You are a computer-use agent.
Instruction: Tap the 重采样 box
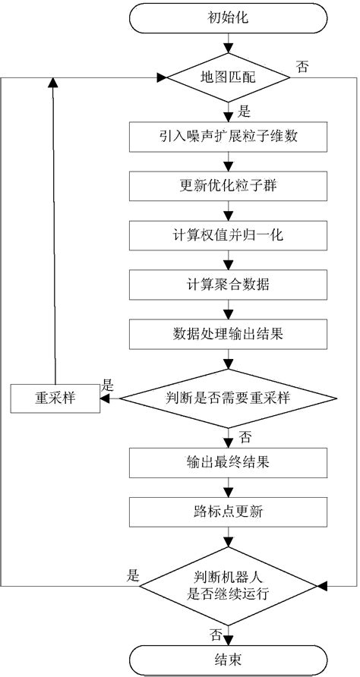pyautogui.click(x=55, y=398)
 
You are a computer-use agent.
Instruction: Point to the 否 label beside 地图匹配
pyautogui.click(x=302, y=67)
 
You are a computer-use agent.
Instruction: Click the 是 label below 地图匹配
pyautogui.click(x=245, y=111)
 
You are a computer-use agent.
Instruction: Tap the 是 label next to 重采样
pyautogui.click(x=108, y=386)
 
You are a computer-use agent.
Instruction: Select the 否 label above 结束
pyautogui.click(x=215, y=631)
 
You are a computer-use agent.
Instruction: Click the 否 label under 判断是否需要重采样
pyautogui.click(x=245, y=436)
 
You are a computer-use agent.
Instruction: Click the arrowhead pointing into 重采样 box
pyautogui.click(x=106, y=398)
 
